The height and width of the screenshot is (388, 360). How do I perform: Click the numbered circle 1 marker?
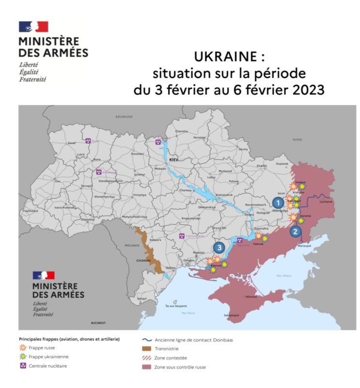(278, 203)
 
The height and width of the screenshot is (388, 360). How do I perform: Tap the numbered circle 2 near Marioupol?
(296, 231)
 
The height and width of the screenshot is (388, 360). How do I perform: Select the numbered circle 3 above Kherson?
(220, 247)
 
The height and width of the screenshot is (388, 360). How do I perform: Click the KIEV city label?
(174, 159)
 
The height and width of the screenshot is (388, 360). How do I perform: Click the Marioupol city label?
(304, 246)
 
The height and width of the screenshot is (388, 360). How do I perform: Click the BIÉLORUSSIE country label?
(124, 117)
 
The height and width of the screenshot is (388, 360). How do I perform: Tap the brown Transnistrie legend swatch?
(145, 349)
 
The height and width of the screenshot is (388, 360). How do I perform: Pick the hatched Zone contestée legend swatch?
(145, 358)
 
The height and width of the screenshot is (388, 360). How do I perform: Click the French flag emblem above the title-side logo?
(33, 27)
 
